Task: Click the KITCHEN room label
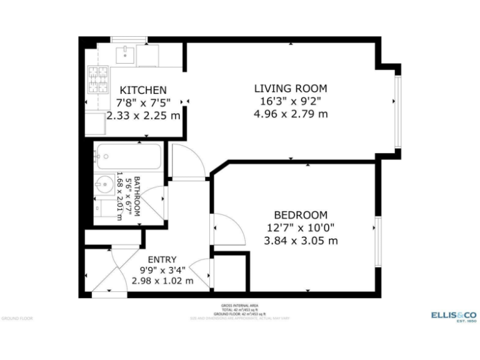pos(143,90)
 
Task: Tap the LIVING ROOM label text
pos(290,88)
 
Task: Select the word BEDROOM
pos(301,214)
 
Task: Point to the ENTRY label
pos(162,259)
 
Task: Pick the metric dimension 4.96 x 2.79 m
pos(290,114)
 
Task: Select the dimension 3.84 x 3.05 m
pos(301,241)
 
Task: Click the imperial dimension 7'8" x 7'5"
pos(143,102)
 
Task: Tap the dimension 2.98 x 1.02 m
pos(162,281)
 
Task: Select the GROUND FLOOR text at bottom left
pos(17,318)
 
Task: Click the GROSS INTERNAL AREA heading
pos(239,306)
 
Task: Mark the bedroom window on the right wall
pos(377,241)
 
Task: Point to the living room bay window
pos(396,112)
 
